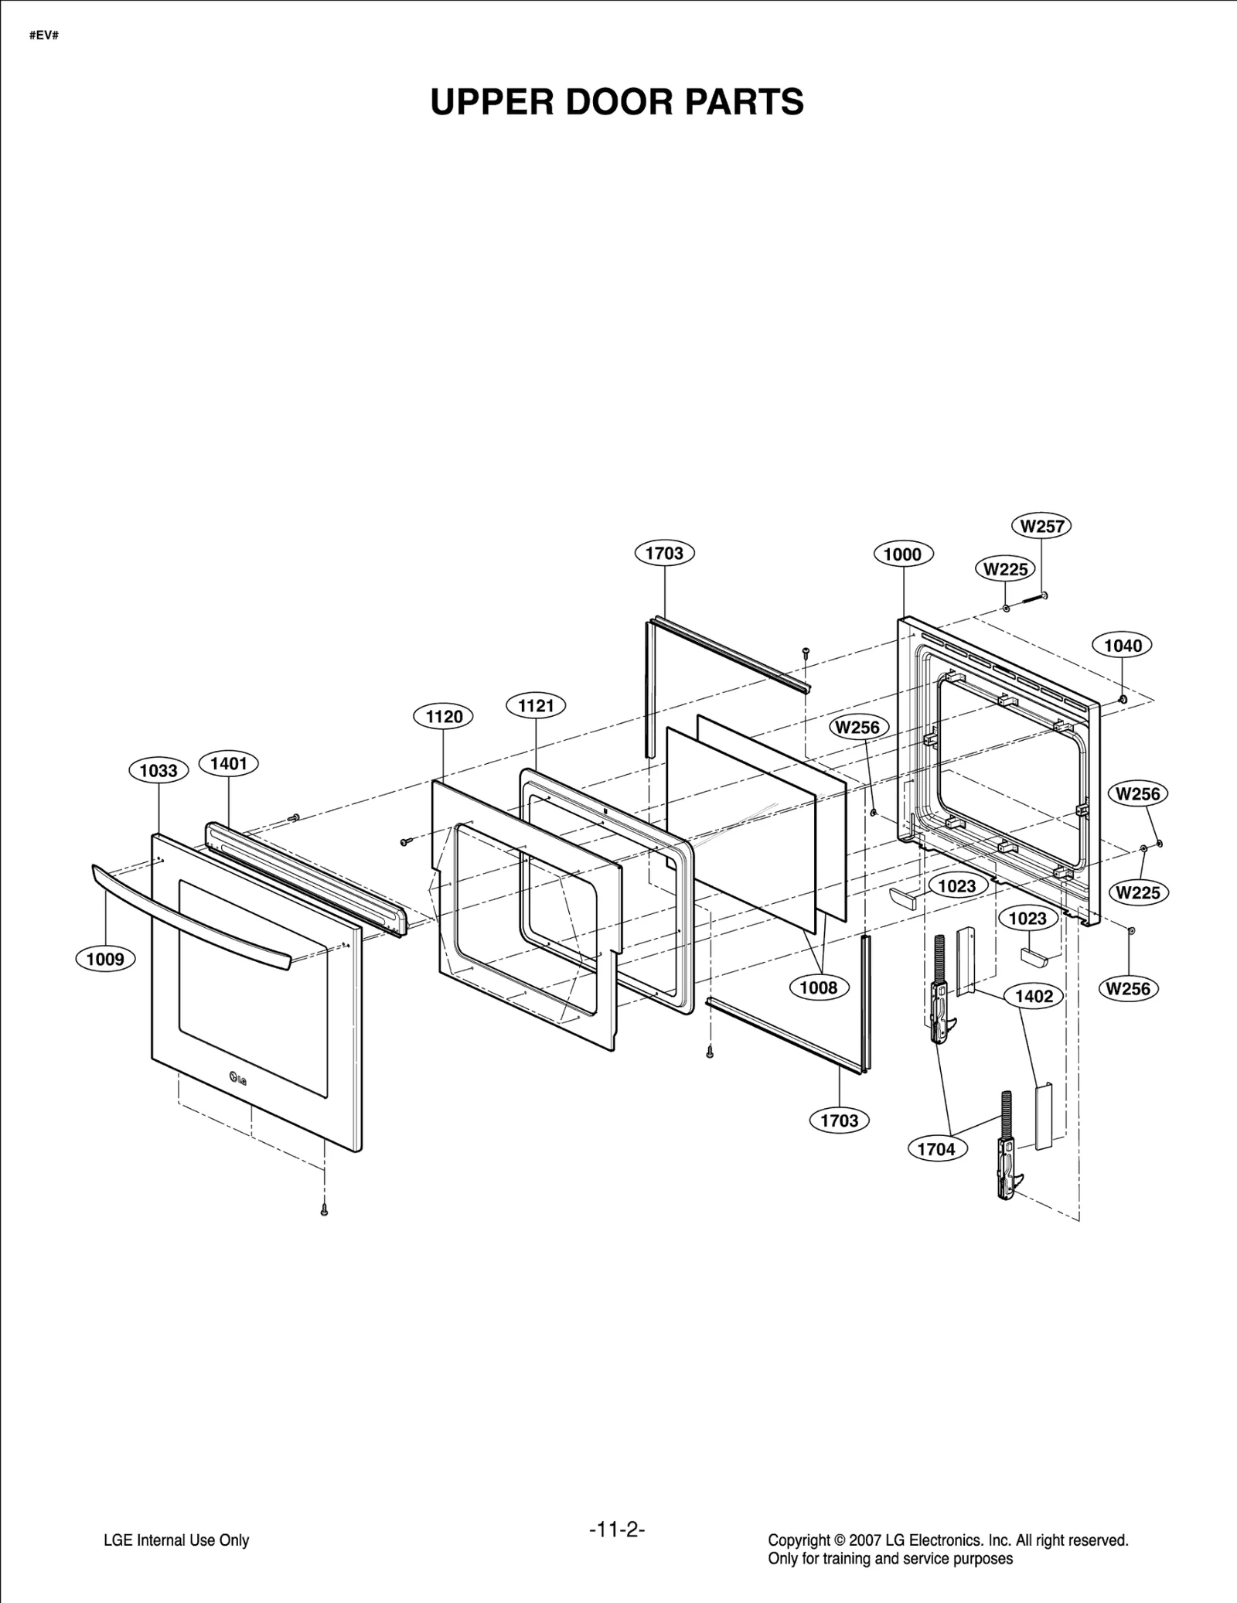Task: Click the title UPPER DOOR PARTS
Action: point(617,102)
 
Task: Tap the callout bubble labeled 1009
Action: point(105,960)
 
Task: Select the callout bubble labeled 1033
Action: point(158,770)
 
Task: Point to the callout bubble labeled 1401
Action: point(229,764)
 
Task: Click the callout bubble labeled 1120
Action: point(444,717)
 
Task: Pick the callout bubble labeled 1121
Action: point(536,705)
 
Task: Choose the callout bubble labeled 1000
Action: point(903,554)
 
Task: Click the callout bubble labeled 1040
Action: point(1123,646)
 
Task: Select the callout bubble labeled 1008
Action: point(819,987)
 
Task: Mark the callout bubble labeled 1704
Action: point(936,1149)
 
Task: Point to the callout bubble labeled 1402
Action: point(1034,996)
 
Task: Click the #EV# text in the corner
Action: point(44,36)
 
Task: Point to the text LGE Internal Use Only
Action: point(176,1540)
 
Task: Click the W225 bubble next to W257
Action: point(1006,570)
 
